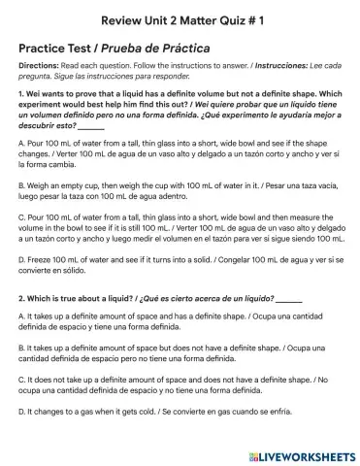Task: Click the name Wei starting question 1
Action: (x=36, y=93)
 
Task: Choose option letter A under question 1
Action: (x=21, y=143)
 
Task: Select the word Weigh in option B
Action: (x=41, y=180)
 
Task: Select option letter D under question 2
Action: (x=21, y=413)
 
